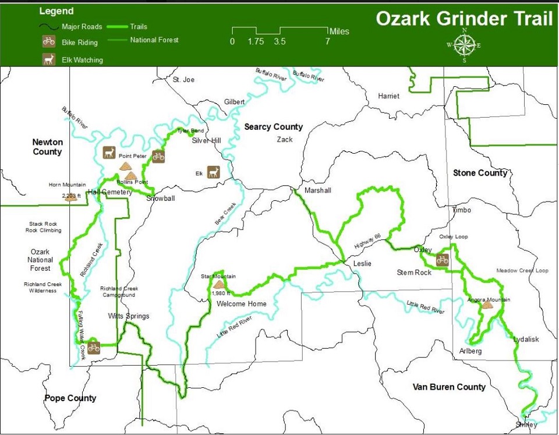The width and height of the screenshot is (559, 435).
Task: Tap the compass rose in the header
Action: click(x=464, y=45)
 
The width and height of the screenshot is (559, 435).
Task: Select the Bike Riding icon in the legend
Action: click(x=49, y=41)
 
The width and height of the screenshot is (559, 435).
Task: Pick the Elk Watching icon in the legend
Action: click(x=49, y=59)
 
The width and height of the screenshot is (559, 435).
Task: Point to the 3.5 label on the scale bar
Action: click(x=279, y=41)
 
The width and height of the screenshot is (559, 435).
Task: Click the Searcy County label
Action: click(x=273, y=127)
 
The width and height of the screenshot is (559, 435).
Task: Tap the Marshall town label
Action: click(x=317, y=190)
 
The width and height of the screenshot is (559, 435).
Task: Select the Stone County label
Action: click(x=480, y=173)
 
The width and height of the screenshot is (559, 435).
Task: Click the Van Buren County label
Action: click(x=448, y=387)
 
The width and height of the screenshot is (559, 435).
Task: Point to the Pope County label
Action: click(x=70, y=398)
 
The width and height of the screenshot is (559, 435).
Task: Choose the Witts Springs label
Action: click(x=129, y=316)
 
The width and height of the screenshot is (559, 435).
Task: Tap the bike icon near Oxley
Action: click(x=442, y=260)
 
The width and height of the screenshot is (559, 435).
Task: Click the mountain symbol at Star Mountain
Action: click(x=219, y=284)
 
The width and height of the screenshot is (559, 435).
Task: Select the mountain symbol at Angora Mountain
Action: click(x=487, y=305)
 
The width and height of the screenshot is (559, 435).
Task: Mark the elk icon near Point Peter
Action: click(x=109, y=153)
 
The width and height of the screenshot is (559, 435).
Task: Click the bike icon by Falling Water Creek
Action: click(x=94, y=348)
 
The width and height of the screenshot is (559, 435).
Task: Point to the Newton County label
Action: click(x=47, y=147)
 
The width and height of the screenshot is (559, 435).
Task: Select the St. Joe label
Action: click(x=183, y=80)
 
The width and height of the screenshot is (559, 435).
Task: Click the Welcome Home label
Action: click(x=241, y=304)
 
